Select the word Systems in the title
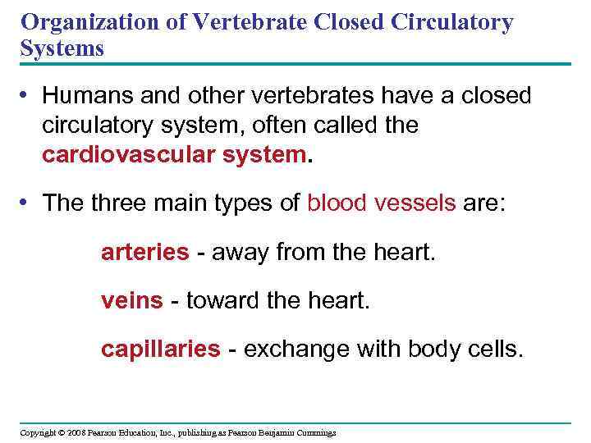tap(62, 48)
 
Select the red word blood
tap(338, 203)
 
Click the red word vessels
tap(415, 203)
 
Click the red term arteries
tap(144, 253)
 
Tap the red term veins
tap(131, 301)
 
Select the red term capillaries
tap(160, 350)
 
